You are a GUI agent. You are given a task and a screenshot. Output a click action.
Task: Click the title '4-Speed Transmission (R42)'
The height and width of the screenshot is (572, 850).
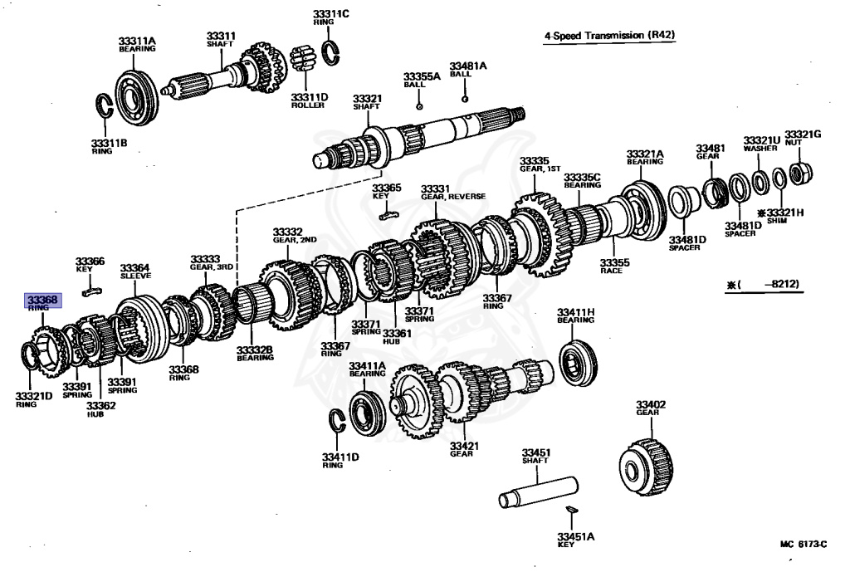coord(609,37)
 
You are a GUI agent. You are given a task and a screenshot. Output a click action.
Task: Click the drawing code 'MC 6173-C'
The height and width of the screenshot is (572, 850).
coord(803,545)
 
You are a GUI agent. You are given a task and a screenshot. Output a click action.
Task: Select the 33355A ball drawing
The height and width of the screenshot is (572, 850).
coord(419,106)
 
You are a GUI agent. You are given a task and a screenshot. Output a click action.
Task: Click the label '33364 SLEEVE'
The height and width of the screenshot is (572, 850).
coord(135,271)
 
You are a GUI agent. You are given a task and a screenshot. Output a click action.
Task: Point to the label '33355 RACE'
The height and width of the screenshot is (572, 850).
coord(616,266)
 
